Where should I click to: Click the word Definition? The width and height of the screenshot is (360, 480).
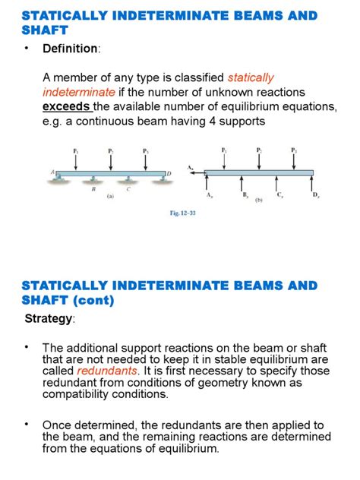tap(71, 49)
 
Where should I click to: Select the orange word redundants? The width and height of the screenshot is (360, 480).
tap(107, 370)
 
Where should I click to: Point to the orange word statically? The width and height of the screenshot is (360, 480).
tap(251, 77)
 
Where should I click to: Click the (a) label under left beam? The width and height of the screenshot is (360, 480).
tap(111, 195)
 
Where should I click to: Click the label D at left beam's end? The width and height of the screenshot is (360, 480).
tap(169, 174)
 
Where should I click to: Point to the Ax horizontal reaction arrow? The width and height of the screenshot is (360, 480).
tap(195, 173)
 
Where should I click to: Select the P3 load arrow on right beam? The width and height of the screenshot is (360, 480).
tap(294, 159)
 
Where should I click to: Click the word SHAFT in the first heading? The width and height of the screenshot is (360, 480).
tap(45, 30)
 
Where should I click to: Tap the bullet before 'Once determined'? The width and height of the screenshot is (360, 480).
tap(27, 422)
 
